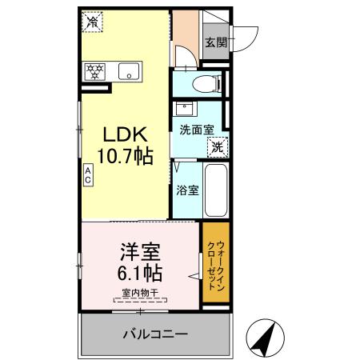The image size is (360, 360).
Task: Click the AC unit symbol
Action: (x=87, y=174)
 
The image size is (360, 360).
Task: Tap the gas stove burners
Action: (x=95, y=71)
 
